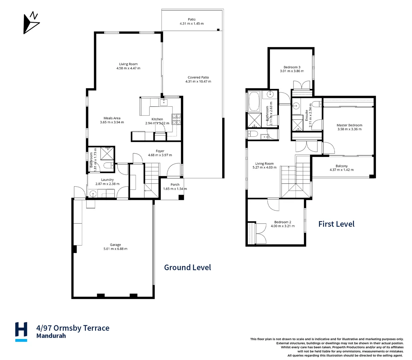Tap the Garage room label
pos(115,245)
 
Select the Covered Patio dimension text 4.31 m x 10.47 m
pos(198,81)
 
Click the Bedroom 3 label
pos(292,67)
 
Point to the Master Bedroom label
pos(349,125)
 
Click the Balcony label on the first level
pos(342,166)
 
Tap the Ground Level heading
pos(187,267)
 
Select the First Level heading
pos(336,224)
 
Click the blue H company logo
pos(21,331)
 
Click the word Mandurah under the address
pos(51,336)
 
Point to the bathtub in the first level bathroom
pos(254,101)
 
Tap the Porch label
pos(175,184)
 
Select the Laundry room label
pos(107,180)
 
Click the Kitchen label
pos(157,119)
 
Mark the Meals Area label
pos(112,118)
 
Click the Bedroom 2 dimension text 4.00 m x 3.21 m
pos(283,226)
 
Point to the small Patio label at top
pos(191,19)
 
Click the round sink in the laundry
pos(93,193)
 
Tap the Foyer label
pos(160,151)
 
